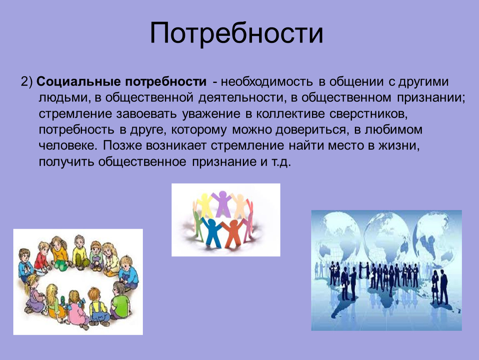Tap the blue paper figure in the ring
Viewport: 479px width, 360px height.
click(x=211, y=231)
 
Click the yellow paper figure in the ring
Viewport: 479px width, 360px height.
click(x=205, y=204)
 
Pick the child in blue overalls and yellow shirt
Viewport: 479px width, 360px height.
click(x=99, y=306)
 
